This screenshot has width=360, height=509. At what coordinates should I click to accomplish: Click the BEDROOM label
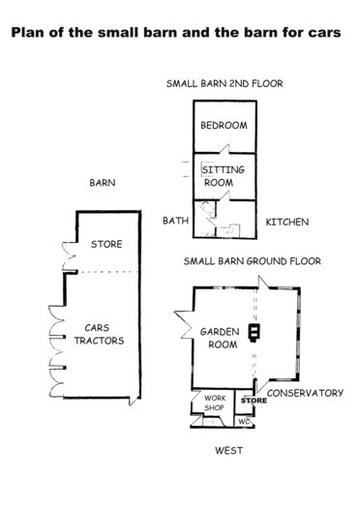224,125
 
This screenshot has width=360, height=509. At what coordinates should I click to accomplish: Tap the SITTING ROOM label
223,176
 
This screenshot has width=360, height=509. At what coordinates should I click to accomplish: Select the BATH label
175,221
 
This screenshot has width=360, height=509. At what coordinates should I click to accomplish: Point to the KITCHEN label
287,222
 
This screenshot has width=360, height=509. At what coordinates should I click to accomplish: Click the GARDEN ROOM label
220,338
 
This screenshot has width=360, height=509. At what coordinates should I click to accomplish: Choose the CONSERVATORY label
305,393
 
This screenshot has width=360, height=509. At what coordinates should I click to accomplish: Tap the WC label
244,422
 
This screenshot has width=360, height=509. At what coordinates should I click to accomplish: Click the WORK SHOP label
215,403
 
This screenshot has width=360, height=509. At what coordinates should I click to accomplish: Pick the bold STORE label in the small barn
254,401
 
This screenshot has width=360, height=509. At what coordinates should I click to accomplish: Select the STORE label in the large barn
106,244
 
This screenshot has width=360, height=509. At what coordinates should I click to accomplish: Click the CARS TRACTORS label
99,334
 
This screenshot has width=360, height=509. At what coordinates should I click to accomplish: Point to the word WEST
228,451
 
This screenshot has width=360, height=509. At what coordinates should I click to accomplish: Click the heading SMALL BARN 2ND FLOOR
225,84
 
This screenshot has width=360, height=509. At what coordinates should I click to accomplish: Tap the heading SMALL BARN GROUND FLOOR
253,261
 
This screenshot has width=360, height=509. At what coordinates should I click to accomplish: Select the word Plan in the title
28,32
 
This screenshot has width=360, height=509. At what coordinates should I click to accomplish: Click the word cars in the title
324,34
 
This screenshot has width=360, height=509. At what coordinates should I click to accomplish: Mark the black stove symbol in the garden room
254,333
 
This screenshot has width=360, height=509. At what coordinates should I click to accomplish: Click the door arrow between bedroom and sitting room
225,149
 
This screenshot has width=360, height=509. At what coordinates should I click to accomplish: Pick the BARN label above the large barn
103,183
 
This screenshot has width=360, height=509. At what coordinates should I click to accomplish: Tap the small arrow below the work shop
210,422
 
